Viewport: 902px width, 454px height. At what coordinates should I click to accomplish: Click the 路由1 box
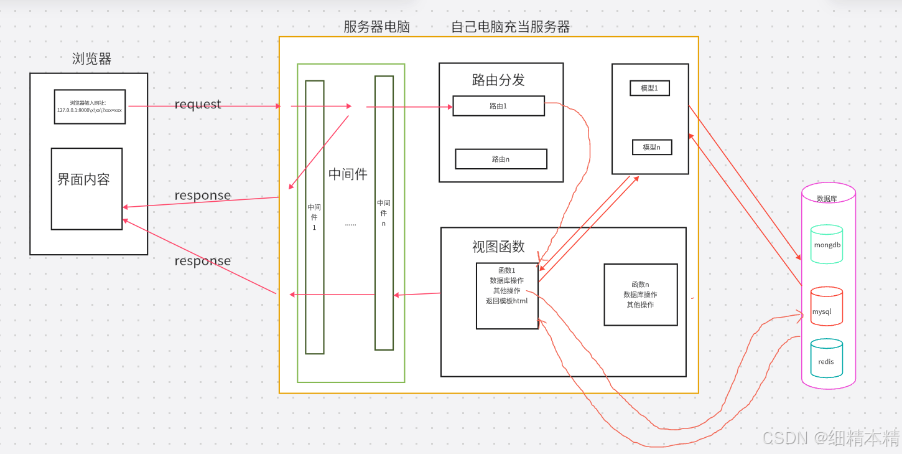[498, 106]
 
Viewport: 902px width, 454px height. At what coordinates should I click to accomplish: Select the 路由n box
[501, 159]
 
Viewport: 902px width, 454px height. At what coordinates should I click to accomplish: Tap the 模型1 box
[649, 88]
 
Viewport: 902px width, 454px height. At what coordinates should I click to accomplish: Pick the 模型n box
[651, 148]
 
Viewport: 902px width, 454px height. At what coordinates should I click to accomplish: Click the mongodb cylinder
[827, 245]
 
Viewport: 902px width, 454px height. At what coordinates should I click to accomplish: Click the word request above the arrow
[198, 104]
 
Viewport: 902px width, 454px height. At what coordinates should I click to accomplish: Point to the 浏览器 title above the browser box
[91, 59]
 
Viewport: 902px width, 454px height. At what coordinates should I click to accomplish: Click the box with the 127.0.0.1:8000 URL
[90, 107]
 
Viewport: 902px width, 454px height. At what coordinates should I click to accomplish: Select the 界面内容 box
[86, 189]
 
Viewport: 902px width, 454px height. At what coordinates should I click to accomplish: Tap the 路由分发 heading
[498, 80]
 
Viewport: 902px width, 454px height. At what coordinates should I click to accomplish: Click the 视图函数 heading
[498, 247]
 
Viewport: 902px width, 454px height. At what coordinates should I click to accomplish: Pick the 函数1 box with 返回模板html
[507, 296]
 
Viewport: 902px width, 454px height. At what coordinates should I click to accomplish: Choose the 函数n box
[640, 295]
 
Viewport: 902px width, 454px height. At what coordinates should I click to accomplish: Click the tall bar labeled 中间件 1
[314, 217]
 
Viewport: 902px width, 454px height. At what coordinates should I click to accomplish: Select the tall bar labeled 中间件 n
[384, 213]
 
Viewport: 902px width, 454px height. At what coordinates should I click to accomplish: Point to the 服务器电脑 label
[376, 27]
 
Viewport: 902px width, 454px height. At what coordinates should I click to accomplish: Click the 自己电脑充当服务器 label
[510, 27]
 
